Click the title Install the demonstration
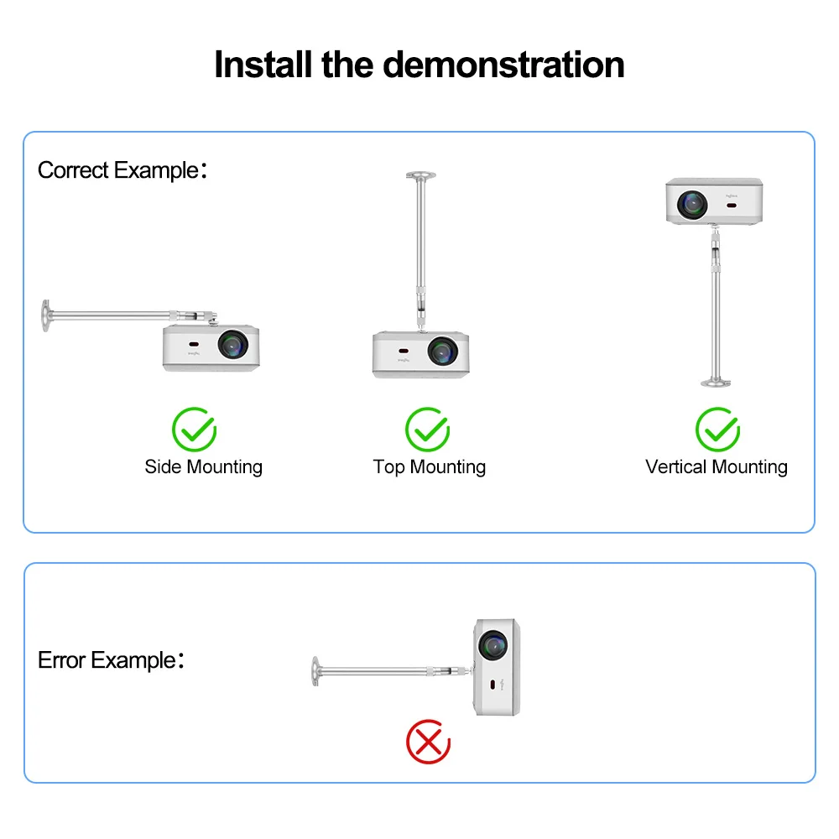(419, 65)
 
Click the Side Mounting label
(203, 466)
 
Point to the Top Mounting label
(429, 466)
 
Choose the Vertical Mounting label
(716, 466)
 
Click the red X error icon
(428, 743)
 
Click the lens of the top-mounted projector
(441, 351)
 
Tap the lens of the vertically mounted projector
(693, 202)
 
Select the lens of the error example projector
(492, 645)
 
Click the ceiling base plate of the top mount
(420, 175)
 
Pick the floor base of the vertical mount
(716, 383)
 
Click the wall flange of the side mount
(44, 316)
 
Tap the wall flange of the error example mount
(315, 671)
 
